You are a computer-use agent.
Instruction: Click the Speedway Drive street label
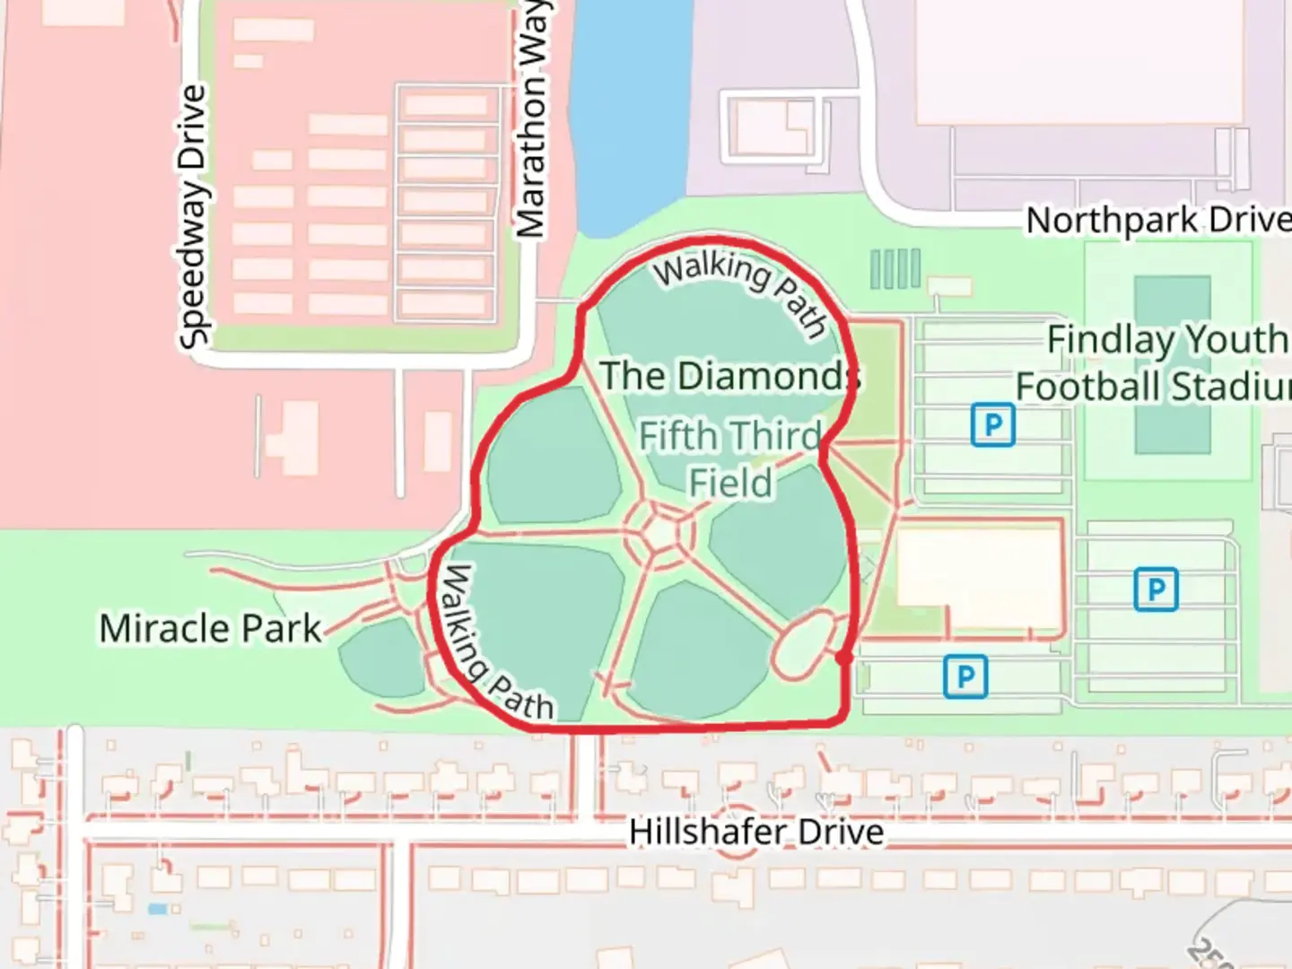[193, 216]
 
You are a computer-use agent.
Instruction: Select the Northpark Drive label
[1157, 220]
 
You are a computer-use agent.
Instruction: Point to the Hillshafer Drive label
[755, 832]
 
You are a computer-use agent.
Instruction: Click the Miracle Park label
[210, 628]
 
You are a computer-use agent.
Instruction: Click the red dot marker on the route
[843, 659]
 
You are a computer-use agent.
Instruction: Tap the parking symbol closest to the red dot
[965, 676]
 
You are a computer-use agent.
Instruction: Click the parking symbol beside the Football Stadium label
[992, 424]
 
